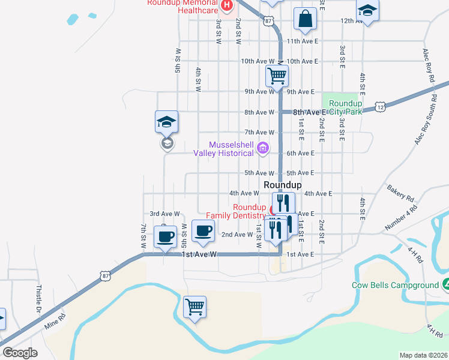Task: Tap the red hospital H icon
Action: pyautogui.click(x=226, y=7)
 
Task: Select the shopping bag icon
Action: pyautogui.click(x=305, y=19)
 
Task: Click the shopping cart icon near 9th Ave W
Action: pyautogui.click(x=277, y=76)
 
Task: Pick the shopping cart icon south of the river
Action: pyautogui.click(x=194, y=308)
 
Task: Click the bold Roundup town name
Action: pyautogui.click(x=282, y=185)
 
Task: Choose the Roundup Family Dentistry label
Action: pyautogui.click(x=235, y=211)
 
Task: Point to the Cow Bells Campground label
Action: pyautogui.click(x=396, y=286)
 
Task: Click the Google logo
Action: pyautogui.click(x=20, y=353)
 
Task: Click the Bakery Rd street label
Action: pyautogui.click(x=401, y=193)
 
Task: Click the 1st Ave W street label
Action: pyautogui.click(x=198, y=254)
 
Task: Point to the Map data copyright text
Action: pyautogui.click(x=423, y=355)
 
